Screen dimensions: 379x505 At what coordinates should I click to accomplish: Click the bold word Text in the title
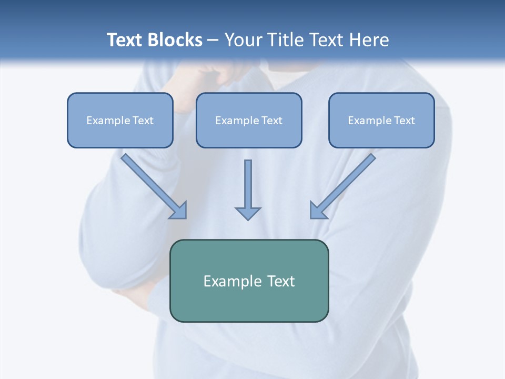(125, 40)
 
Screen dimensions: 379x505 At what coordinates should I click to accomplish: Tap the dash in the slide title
(213, 41)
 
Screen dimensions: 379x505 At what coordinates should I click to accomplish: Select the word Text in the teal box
(281, 281)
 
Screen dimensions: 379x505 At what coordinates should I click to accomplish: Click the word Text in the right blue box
(404, 121)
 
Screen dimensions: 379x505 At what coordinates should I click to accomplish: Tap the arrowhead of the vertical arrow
(248, 213)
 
